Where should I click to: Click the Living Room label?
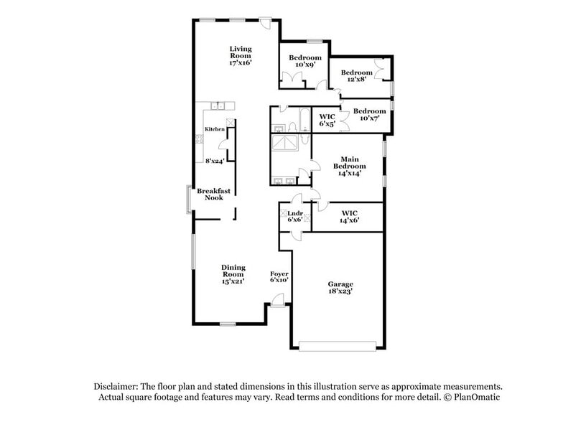click(x=241, y=52)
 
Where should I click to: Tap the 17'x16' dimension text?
click(x=241, y=63)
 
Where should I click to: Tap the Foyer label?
click(x=279, y=274)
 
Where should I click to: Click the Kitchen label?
click(x=215, y=129)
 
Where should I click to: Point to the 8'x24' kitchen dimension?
click(x=215, y=161)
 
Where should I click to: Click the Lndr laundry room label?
click(x=294, y=213)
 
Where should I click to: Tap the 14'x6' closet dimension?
click(x=350, y=221)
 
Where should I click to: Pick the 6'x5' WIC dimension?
click(x=328, y=124)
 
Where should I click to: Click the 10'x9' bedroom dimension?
click(x=305, y=65)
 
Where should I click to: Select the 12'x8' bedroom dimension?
click(x=356, y=80)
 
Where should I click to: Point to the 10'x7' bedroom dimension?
click(x=369, y=118)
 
